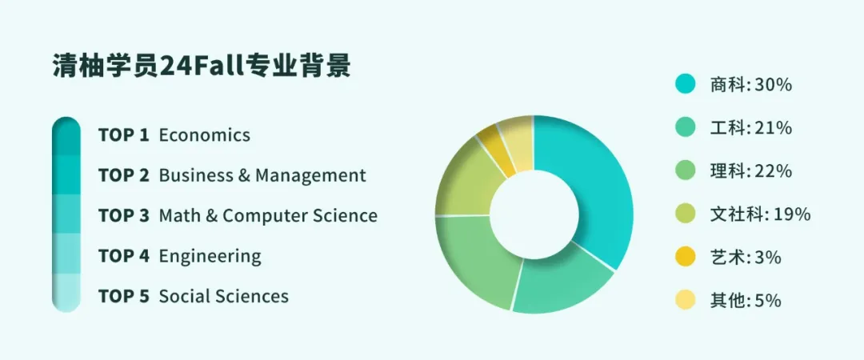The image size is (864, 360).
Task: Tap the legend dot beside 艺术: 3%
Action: pos(686,257)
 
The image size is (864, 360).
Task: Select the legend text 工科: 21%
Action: pos(751,128)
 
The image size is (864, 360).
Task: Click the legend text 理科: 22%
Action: pos(751,171)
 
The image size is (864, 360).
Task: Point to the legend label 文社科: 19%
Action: pos(761,214)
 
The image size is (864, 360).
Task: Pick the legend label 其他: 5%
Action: pos(746,301)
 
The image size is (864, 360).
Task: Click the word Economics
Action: pos(205,135)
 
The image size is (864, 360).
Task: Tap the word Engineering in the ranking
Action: pos(210,256)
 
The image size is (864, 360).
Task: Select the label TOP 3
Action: pos(124,215)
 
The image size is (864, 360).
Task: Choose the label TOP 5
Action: pos(124,297)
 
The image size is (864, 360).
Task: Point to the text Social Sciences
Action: pos(224,297)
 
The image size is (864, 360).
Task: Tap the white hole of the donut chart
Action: pos(534,214)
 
